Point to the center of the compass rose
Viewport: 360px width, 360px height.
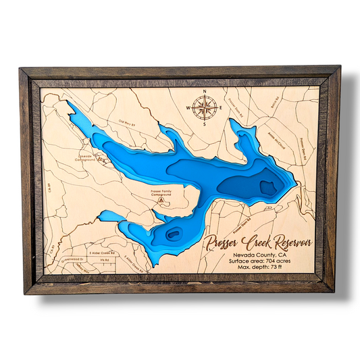click(x=205, y=106)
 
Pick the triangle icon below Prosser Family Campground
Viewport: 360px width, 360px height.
click(x=160, y=201)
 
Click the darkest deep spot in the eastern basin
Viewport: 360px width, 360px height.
click(x=267, y=186)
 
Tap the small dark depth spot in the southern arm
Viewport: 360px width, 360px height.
click(x=174, y=234)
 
